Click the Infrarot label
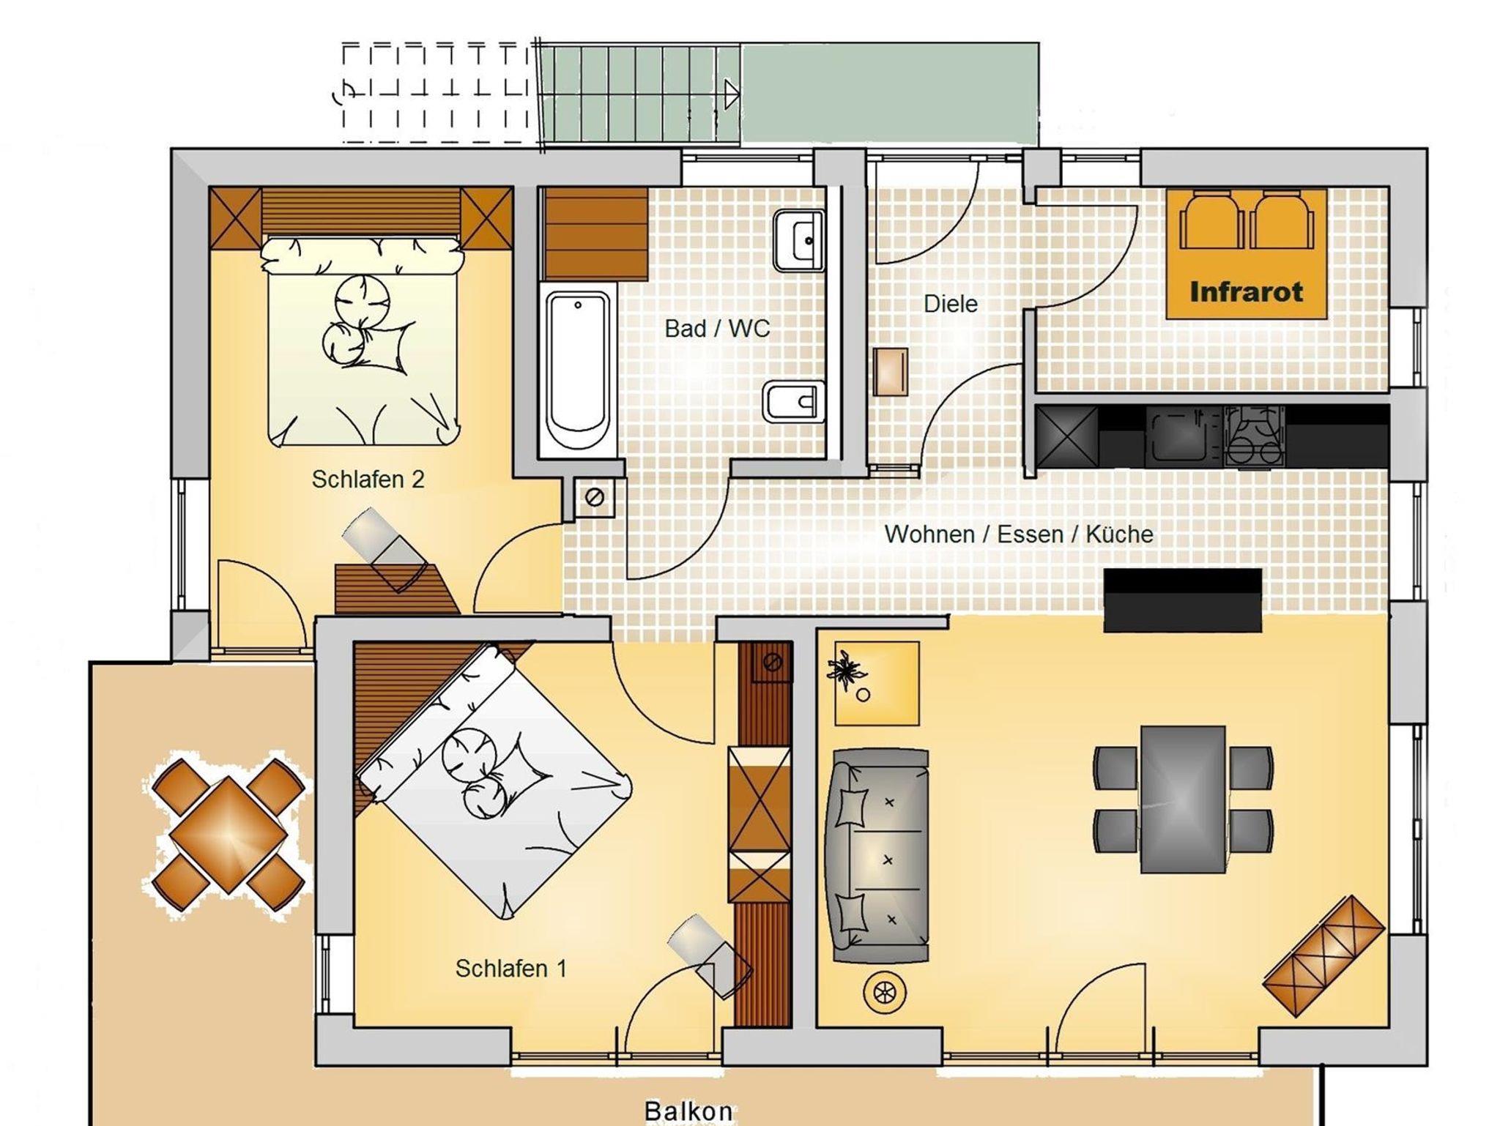1246,291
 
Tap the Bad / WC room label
717,329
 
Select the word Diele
950,304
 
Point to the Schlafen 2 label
368,480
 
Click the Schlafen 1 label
510,969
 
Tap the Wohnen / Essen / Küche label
1019,534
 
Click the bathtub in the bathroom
578,370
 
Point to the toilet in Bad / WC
794,402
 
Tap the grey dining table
1182,799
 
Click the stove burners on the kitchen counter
1255,437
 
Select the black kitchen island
1182,600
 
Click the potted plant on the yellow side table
847,670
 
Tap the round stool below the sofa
885,993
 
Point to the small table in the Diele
890,372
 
